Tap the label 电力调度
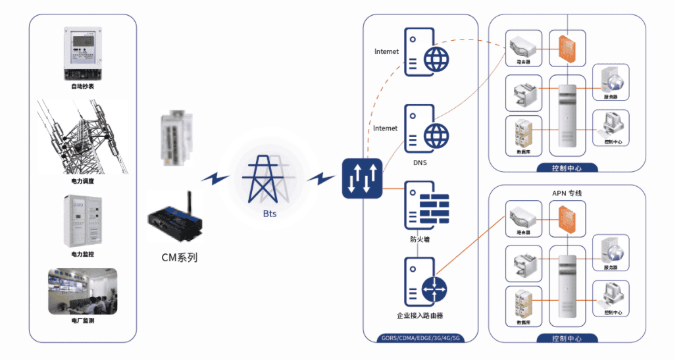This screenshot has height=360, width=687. tap(82, 181)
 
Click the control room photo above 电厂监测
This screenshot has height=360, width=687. tap(82, 291)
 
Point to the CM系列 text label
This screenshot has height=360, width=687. tap(179, 257)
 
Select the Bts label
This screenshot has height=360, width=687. tap(269, 214)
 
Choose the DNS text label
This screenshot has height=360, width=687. tap(420, 163)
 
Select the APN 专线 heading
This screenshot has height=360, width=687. tap(567, 193)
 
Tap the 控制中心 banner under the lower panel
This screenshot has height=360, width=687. tap(567, 339)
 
